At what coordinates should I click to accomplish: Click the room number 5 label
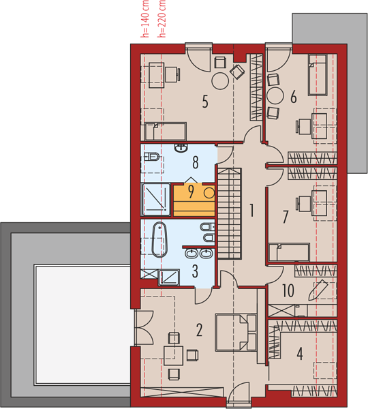click(205, 102)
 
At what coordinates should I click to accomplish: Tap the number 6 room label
click(294, 97)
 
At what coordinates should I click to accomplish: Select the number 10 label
click(288, 290)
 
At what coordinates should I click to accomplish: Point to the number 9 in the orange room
click(191, 192)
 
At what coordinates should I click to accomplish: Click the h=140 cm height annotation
click(144, 19)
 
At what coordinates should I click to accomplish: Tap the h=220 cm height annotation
click(162, 19)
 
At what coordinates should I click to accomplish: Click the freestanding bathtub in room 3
click(159, 239)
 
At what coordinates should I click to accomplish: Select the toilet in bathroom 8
click(152, 157)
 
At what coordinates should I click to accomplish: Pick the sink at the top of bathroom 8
click(181, 148)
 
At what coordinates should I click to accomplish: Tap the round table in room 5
click(220, 81)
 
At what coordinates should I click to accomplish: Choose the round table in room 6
click(275, 95)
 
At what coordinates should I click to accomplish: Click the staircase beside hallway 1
click(230, 213)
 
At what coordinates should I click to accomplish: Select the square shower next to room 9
click(156, 200)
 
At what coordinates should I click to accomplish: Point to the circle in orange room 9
click(209, 193)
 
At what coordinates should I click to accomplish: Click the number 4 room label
click(300, 354)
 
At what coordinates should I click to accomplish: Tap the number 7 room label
click(286, 217)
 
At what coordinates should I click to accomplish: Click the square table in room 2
click(174, 355)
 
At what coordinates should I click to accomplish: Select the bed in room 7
click(289, 252)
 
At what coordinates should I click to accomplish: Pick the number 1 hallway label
click(251, 210)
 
